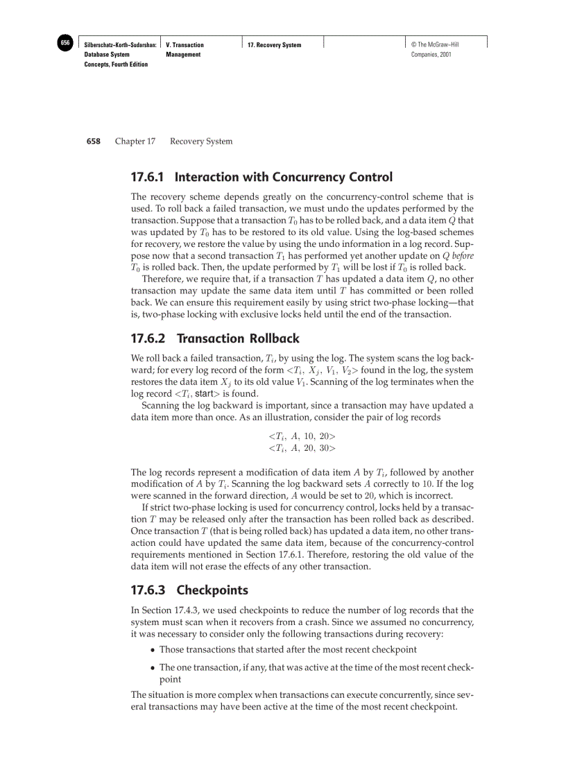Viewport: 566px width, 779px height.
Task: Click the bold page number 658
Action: point(93,142)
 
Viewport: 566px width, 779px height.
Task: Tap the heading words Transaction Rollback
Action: point(238,339)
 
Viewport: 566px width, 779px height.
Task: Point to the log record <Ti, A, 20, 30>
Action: point(302,448)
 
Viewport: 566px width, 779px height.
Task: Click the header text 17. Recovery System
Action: point(275,45)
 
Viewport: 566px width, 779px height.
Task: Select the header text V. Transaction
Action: point(185,45)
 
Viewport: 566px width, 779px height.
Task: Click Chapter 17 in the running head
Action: point(135,142)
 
